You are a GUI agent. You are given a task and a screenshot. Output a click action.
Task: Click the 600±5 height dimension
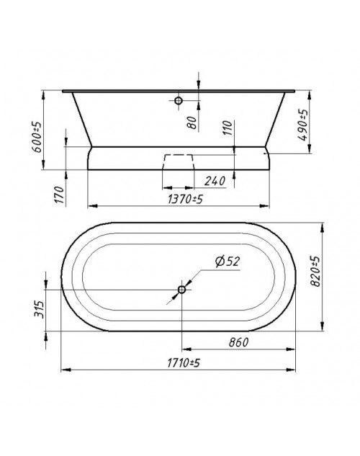(x=37, y=137)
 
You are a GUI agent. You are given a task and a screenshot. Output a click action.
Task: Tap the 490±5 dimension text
(x=302, y=125)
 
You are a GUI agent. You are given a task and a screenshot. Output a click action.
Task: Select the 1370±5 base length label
(x=185, y=200)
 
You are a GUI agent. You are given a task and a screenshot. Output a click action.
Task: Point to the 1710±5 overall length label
(x=184, y=363)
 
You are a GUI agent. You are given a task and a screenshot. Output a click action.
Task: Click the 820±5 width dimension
(x=315, y=271)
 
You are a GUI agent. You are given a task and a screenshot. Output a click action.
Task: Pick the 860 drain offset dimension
(x=238, y=343)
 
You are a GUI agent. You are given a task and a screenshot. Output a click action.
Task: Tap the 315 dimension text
(x=39, y=309)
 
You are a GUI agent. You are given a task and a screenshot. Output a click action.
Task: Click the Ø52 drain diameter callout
(x=228, y=261)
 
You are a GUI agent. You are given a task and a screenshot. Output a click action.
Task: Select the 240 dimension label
(x=215, y=182)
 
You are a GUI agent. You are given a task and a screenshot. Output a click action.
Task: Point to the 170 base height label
(x=59, y=195)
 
